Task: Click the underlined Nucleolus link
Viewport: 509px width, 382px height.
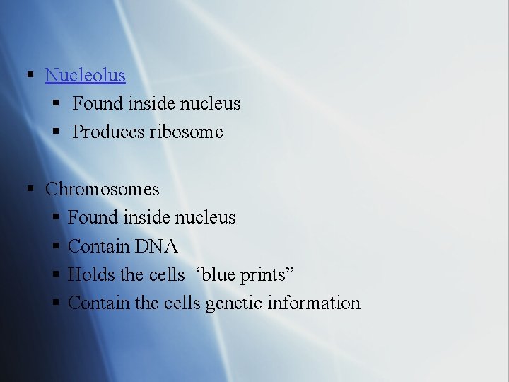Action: click(85, 75)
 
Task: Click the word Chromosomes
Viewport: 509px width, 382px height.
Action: click(103, 190)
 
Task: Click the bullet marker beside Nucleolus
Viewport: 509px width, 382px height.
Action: click(30, 75)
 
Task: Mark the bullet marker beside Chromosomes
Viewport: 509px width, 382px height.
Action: click(30, 190)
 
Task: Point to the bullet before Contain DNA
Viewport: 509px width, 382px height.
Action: click(57, 247)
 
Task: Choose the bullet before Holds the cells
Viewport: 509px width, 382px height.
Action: click(57, 275)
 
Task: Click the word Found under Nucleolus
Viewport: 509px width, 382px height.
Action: click(98, 104)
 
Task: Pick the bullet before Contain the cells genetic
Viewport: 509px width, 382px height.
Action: click(57, 303)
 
